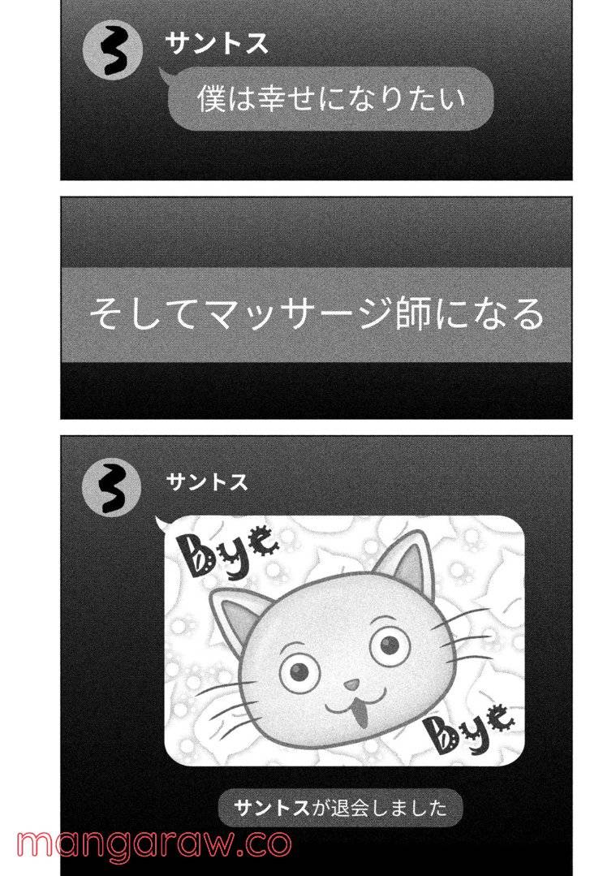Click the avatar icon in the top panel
tap(112, 54)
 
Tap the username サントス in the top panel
tap(216, 44)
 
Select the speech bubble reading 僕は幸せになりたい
tap(330, 100)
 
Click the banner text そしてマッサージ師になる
tap(316, 314)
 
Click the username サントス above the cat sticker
tap(207, 482)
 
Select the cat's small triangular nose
tap(351, 686)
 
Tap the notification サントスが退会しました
tap(340, 808)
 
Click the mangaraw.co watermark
tap(154, 844)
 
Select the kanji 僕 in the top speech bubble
tap(211, 100)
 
